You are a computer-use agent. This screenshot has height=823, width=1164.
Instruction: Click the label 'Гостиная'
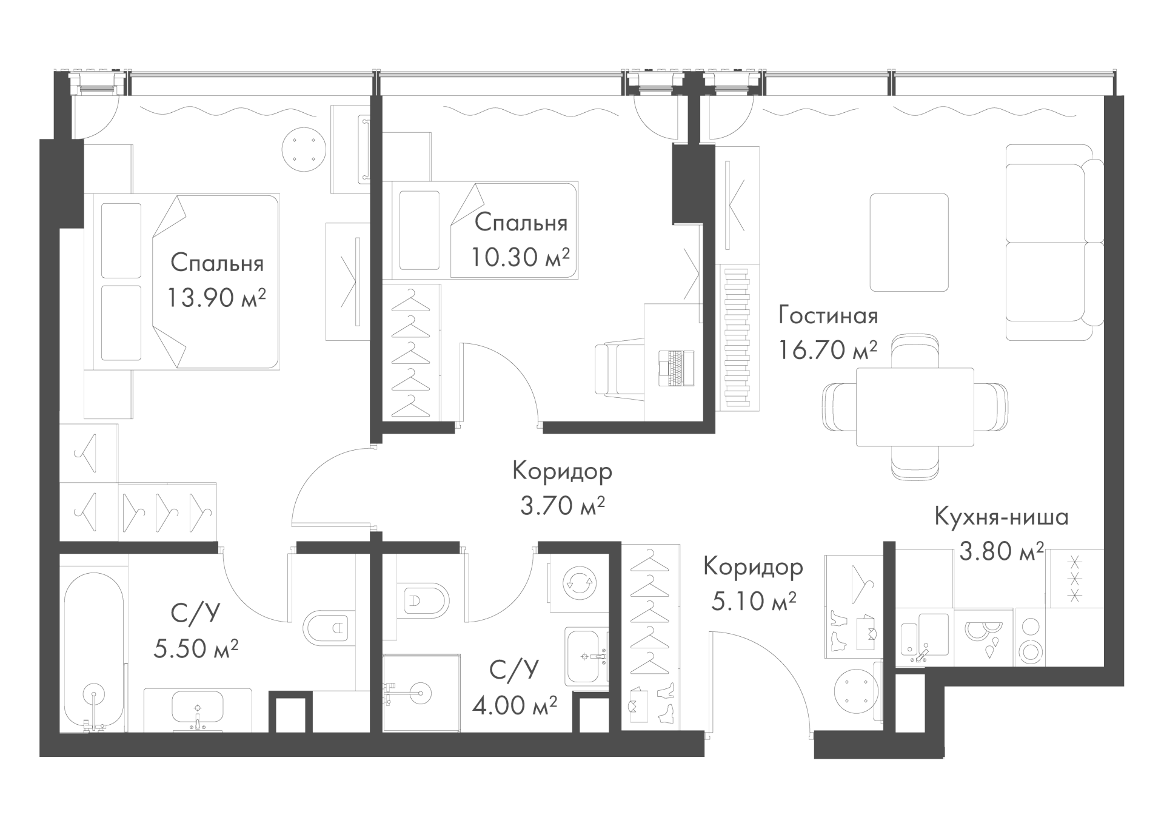[x=828, y=316]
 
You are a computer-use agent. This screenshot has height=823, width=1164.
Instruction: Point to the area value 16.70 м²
[x=828, y=350]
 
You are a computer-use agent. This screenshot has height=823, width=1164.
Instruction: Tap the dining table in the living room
[x=915, y=407]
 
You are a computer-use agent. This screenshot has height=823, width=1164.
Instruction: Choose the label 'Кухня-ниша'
[x=1002, y=517]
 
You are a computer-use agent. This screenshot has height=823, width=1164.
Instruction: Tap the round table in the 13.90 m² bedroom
[x=303, y=149]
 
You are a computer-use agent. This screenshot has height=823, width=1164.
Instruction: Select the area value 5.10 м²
[x=753, y=602]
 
